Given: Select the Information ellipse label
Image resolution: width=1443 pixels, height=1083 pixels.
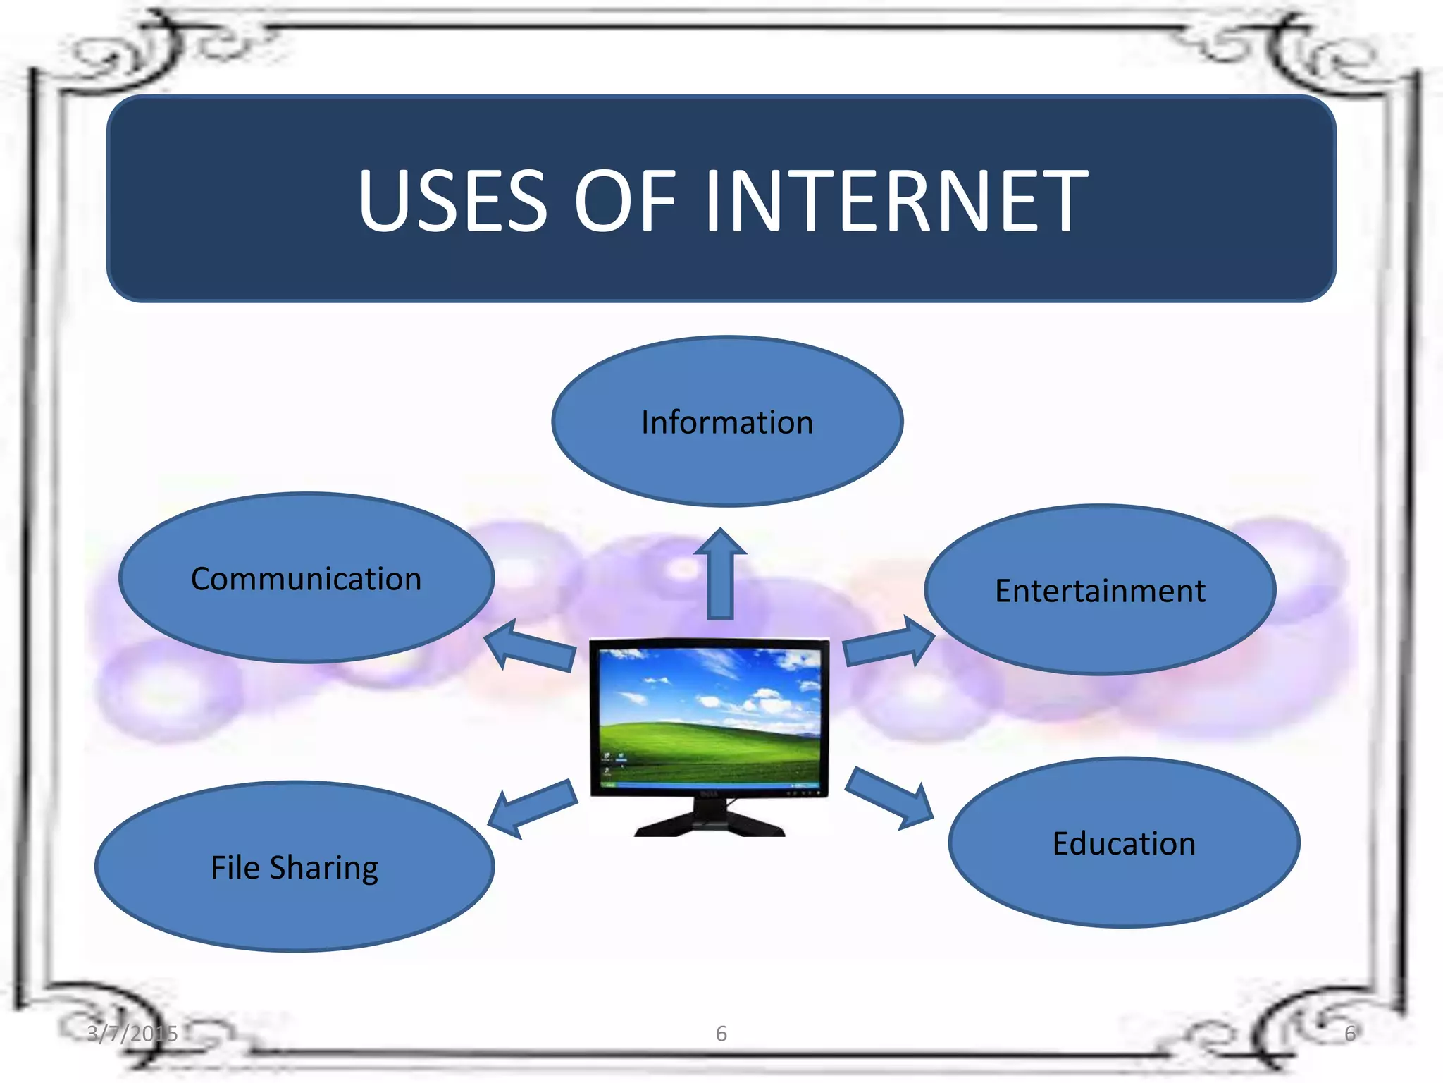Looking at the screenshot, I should coord(727,423).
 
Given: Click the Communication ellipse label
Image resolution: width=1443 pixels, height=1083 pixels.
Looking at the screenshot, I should coord(306,580).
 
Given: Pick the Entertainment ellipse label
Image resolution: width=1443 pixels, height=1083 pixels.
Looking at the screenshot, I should coord(1100,591).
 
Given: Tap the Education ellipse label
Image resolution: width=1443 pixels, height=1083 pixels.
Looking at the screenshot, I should coord(1124,844).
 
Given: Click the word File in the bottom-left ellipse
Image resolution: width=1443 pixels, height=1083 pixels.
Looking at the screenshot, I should coord(235,867).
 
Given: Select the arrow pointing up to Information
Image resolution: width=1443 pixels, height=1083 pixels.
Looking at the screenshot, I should coord(720,575).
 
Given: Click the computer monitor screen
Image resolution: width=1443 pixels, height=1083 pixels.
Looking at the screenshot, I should coord(709,712).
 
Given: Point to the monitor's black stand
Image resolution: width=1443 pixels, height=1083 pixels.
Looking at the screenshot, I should coord(709,822).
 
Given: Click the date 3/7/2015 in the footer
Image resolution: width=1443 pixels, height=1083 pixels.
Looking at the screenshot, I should coord(132,1034).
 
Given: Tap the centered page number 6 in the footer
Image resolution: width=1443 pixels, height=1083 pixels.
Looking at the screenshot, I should coord(721,1034).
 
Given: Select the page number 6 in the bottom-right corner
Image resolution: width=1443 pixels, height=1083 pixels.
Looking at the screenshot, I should coord(1349,1034).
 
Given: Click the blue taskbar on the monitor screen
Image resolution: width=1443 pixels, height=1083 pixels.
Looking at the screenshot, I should coord(709,785).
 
